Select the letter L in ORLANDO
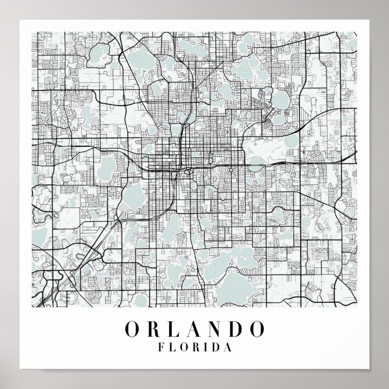tap(174, 329)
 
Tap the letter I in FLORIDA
tap(207, 348)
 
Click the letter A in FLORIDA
tap(228, 348)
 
